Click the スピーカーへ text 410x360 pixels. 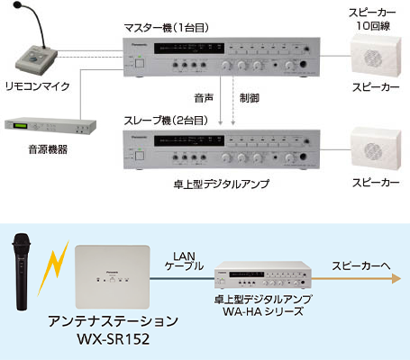point(361,265)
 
